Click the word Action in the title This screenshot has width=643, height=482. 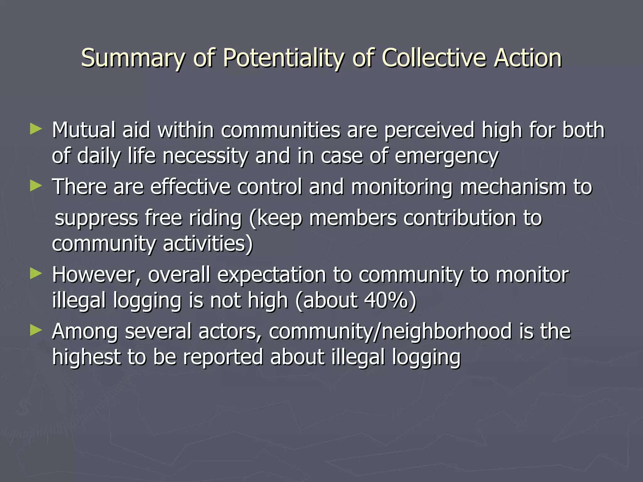[x=527, y=58]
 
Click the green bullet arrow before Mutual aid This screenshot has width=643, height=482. [x=35, y=129]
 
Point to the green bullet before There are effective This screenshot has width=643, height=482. [x=35, y=186]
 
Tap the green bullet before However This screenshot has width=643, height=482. [x=35, y=274]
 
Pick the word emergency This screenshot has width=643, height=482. [x=446, y=156]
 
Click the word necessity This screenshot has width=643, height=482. [x=205, y=156]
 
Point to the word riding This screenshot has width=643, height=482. [x=215, y=218]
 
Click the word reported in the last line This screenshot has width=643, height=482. [x=223, y=358]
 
